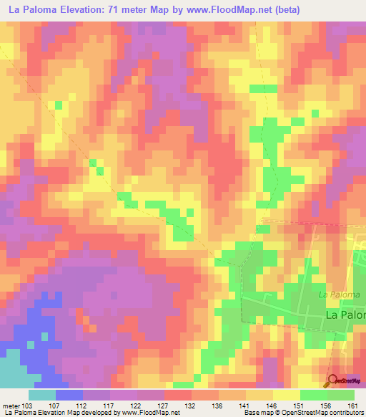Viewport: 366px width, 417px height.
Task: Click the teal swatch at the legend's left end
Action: pyautogui.click(x=42, y=395)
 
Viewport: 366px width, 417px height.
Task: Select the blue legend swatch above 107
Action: pyautogui.click(x=69, y=395)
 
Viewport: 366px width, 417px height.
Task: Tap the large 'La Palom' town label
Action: pyautogui.click(x=345, y=315)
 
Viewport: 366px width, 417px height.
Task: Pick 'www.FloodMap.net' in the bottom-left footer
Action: pyautogui.click(x=150, y=413)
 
